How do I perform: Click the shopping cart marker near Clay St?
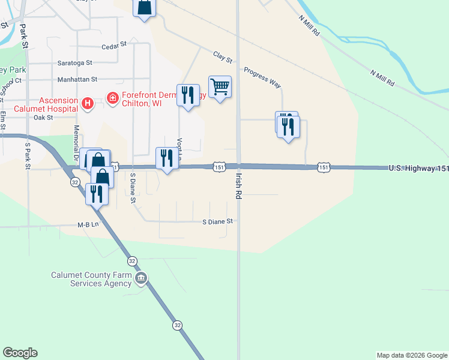coord(220,88)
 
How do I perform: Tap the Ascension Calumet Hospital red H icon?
coord(88,104)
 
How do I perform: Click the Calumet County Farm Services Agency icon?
coord(141,278)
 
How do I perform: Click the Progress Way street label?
coord(262,78)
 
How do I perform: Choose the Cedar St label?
coord(114,45)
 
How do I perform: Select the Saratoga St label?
coord(74,62)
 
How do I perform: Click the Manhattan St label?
coord(77,79)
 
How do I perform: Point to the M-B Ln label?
coord(88,225)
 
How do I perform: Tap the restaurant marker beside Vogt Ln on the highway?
coord(167,158)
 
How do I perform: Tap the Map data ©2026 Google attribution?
coord(412,355)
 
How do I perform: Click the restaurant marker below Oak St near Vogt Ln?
coord(188,95)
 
